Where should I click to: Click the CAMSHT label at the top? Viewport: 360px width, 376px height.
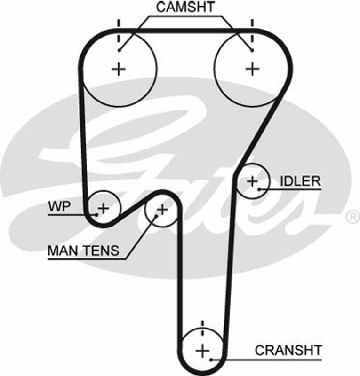pos(185,8)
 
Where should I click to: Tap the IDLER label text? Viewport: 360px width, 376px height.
pos(300,181)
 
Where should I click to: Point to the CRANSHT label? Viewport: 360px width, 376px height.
pos(288,350)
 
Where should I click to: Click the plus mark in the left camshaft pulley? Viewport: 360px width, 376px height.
pos(120,69)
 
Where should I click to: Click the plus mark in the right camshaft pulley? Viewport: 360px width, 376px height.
pos(253,69)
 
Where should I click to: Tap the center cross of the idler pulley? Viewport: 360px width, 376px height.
pos(252,180)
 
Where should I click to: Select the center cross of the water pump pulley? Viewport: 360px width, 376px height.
pos(103,207)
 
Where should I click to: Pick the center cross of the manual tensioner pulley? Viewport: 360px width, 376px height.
pos(162,210)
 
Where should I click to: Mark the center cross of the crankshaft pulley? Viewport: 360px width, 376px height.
pos(202,351)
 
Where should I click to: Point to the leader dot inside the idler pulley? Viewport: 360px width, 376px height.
pos(259,189)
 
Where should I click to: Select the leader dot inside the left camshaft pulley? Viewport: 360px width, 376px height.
pos(120,50)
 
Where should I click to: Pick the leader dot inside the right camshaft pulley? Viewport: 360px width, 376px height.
pos(252,50)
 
